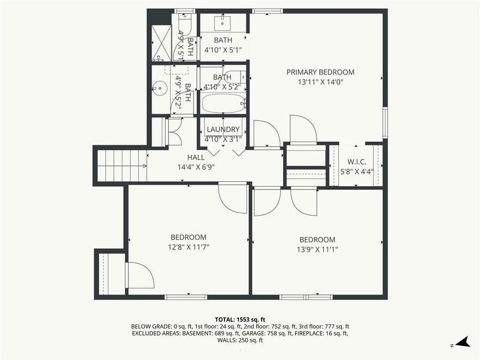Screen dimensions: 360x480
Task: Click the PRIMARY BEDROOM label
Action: click(320, 72)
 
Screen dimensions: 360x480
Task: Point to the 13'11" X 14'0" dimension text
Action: click(320, 82)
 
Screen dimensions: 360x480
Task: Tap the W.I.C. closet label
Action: click(356, 162)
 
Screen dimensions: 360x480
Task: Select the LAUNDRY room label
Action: click(223, 130)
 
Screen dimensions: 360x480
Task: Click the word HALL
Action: click(196, 157)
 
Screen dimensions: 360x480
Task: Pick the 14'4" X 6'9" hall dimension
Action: click(196, 166)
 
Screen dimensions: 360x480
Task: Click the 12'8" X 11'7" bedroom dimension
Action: click(188, 247)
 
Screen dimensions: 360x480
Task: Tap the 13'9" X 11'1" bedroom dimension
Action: click(317, 249)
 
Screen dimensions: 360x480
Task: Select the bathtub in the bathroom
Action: click(222, 103)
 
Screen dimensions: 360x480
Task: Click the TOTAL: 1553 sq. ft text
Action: click(239, 319)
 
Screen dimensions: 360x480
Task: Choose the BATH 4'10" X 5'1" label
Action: click(223, 45)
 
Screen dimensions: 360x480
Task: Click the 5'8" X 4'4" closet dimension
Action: click(356, 171)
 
